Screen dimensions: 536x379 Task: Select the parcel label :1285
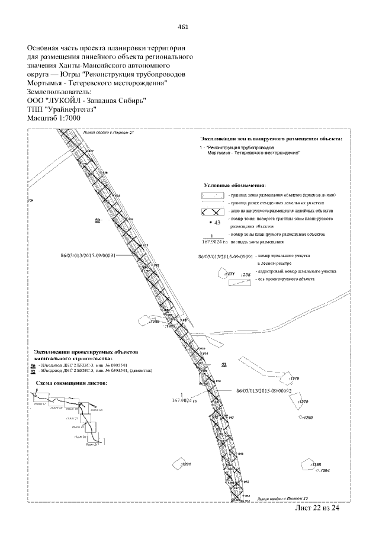(315, 464)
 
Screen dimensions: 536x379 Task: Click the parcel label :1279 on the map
(303, 402)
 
